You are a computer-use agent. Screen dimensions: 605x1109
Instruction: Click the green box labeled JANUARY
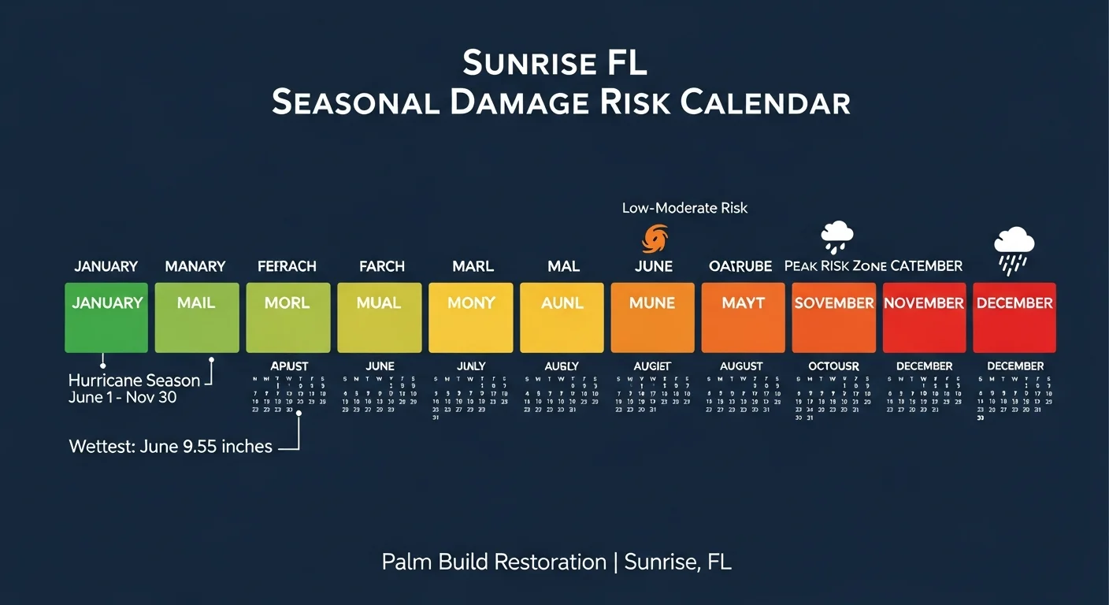106,317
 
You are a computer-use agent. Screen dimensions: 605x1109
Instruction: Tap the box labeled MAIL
197,317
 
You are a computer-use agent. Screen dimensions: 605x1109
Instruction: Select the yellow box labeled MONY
470,317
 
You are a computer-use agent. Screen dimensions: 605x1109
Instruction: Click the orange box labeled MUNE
652,317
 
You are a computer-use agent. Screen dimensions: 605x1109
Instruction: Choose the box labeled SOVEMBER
833,317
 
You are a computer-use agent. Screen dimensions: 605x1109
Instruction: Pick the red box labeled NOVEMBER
924,317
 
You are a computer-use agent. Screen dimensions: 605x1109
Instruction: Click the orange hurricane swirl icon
655,238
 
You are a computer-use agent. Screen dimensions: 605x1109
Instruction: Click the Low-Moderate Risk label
684,208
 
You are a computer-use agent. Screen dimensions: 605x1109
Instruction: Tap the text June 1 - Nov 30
122,398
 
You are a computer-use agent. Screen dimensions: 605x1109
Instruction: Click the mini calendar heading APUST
289,366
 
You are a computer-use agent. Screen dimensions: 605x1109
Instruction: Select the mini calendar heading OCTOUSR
833,366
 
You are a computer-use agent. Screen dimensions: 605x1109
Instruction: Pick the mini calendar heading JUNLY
471,366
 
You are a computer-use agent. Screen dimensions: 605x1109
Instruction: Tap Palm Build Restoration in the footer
494,562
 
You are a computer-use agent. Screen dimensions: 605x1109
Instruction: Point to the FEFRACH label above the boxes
287,266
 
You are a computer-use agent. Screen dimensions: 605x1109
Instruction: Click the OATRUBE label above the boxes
740,266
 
